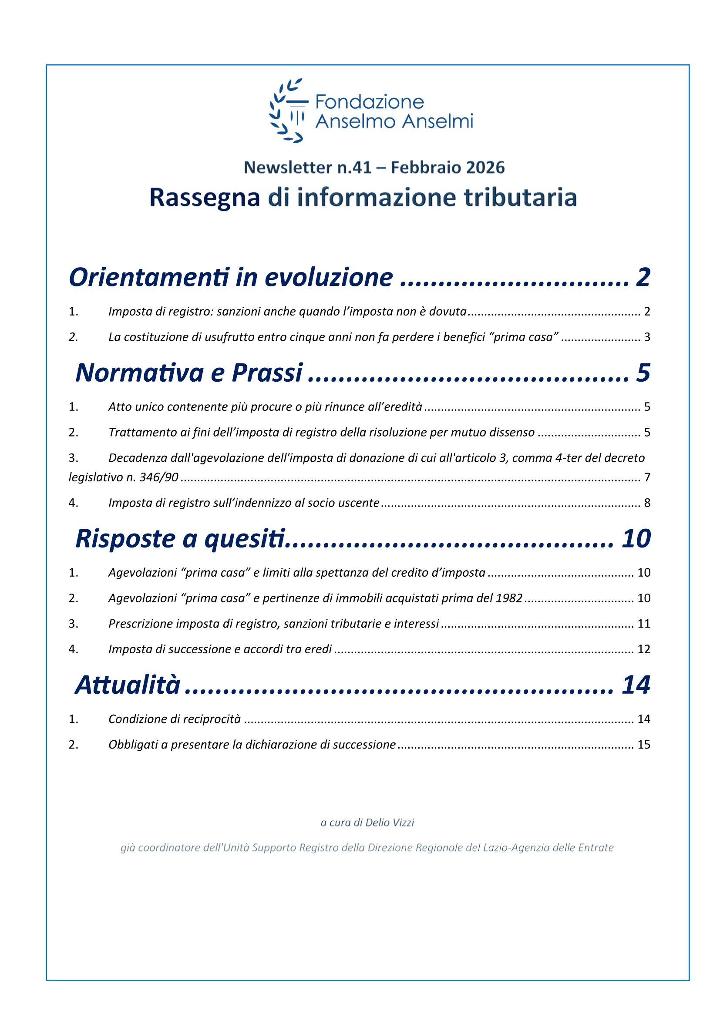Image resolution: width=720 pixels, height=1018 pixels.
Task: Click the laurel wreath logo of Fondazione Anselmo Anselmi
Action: [x=287, y=111]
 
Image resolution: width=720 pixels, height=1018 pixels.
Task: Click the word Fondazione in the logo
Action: [x=369, y=102]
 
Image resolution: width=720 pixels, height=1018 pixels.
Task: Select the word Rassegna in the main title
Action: [x=205, y=198]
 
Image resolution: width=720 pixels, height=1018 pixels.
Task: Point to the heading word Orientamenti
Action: [x=149, y=278]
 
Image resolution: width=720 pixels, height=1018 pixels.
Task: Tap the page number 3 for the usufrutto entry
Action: [x=647, y=337]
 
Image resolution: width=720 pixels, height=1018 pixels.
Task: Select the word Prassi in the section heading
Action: [x=267, y=373]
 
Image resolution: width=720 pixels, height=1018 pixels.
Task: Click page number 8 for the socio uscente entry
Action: [x=647, y=503]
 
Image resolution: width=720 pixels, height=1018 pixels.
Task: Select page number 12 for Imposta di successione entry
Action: [x=644, y=649]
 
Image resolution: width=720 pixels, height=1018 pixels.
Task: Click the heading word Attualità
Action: [x=128, y=685]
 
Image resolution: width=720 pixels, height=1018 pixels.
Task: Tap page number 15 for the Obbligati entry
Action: [x=644, y=744]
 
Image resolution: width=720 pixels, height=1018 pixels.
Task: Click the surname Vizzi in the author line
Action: [x=403, y=823]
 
